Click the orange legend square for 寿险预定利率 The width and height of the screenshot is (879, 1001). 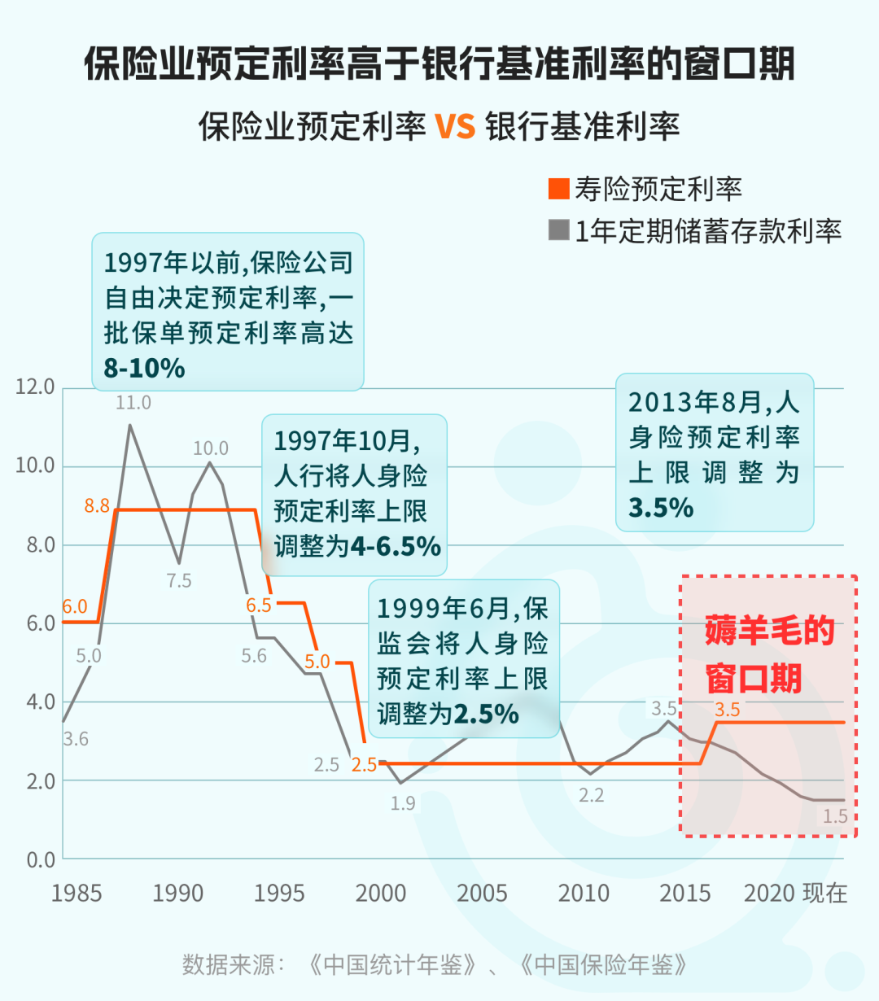[558, 189]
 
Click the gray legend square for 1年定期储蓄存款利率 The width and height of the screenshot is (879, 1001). [558, 230]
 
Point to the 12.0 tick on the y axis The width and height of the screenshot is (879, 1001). [35, 387]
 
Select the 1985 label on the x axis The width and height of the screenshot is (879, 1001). [77, 894]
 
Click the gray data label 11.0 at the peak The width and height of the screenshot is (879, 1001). [133, 403]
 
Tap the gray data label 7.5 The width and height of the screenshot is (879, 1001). [179, 581]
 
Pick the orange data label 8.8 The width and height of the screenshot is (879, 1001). [97, 506]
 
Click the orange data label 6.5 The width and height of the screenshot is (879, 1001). [259, 605]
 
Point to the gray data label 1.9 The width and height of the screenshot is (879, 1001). [403, 804]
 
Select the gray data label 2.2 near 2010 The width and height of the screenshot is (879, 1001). [592, 796]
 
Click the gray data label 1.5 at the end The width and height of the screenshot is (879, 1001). [835, 816]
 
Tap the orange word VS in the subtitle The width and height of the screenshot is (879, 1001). [455, 127]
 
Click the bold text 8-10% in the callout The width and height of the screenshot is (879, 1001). [144, 369]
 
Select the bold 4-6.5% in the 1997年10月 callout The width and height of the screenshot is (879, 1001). [396, 546]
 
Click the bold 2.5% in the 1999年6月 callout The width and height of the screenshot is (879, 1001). [486, 715]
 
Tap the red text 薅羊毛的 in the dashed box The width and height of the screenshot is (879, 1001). [769, 632]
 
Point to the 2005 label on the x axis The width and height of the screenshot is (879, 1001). [482, 894]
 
